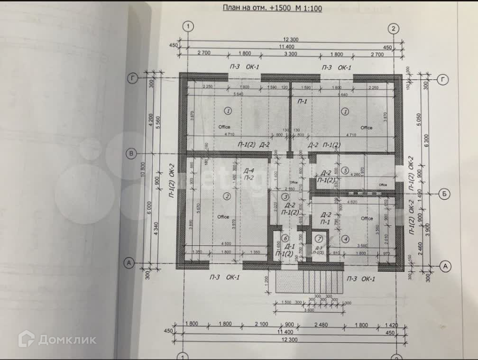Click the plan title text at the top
[272, 8]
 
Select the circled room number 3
[285, 196]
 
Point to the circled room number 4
[346, 239]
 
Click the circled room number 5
[346, 170]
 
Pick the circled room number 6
[285, 238]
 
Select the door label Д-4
[248, 171]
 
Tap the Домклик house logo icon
[27, 339]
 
